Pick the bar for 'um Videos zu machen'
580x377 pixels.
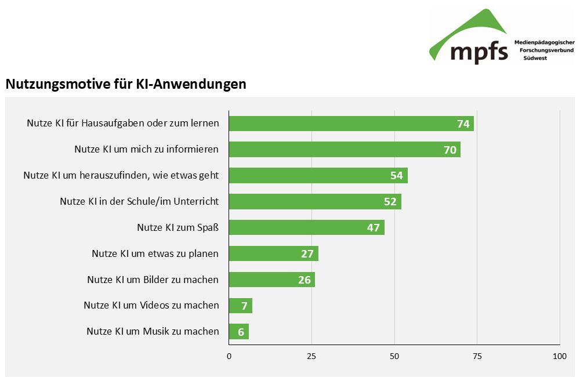[241, 306]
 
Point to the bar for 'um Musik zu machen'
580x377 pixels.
[239, 332]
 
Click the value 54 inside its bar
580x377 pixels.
[397, 176]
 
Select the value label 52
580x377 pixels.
[390, 202]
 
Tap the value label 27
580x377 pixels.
[307, 254]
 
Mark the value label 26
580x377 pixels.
[304, 280]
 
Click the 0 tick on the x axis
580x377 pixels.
[229, 356]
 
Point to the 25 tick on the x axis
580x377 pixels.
[312, 356]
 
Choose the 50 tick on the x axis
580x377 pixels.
[394, 356]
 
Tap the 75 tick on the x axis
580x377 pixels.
[477, 356]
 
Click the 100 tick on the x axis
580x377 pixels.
[560, 356]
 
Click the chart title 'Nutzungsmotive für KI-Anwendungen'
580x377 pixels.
[126, 84]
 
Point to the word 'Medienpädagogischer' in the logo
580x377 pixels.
[545, 42]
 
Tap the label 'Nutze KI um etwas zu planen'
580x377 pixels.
[155, 253]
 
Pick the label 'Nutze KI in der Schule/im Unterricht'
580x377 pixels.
[139, 201]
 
